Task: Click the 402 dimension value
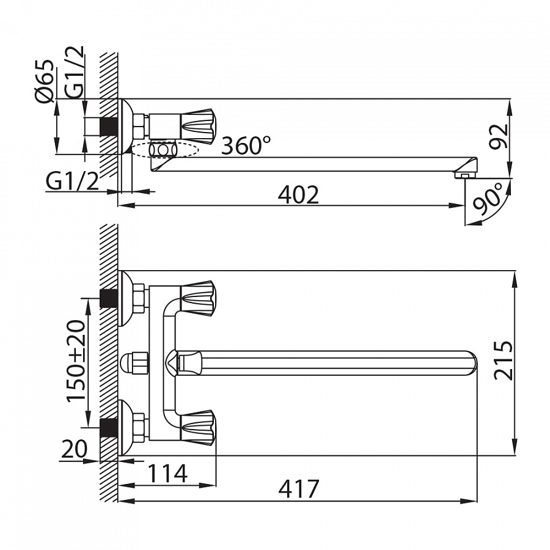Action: pyautogui.click(x=298, y=195)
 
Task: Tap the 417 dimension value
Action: pyautogui.click(x=299, y=489)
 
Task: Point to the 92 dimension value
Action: pyautogui.click(x=499, y=137)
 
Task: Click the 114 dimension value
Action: pyautogui.click(x=167, y=473)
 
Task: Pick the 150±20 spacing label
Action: pyautogui.click(x=76, y=360)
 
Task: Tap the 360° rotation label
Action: pyautogui.click(x=246, y=145)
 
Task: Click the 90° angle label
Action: pyautogui.click(x=488, y=199)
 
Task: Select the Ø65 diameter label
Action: pyautogui.click(x=45, y=81)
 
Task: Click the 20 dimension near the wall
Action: pyautogui.click(x=74, y=449)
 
